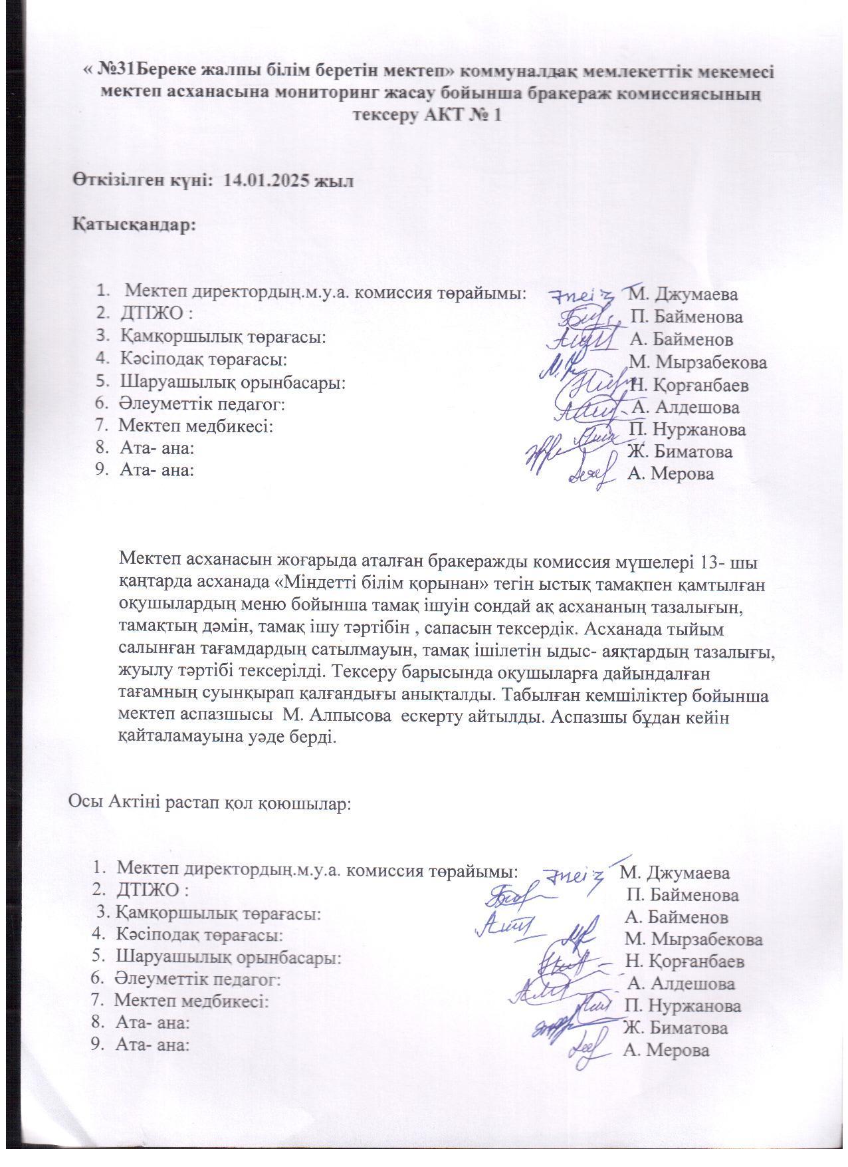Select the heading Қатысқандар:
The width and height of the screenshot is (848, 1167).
[x=134, y=223]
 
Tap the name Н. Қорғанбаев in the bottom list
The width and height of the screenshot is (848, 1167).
[x=685, y=962]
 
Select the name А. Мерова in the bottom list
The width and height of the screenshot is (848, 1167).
[x=667, y=1051]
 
